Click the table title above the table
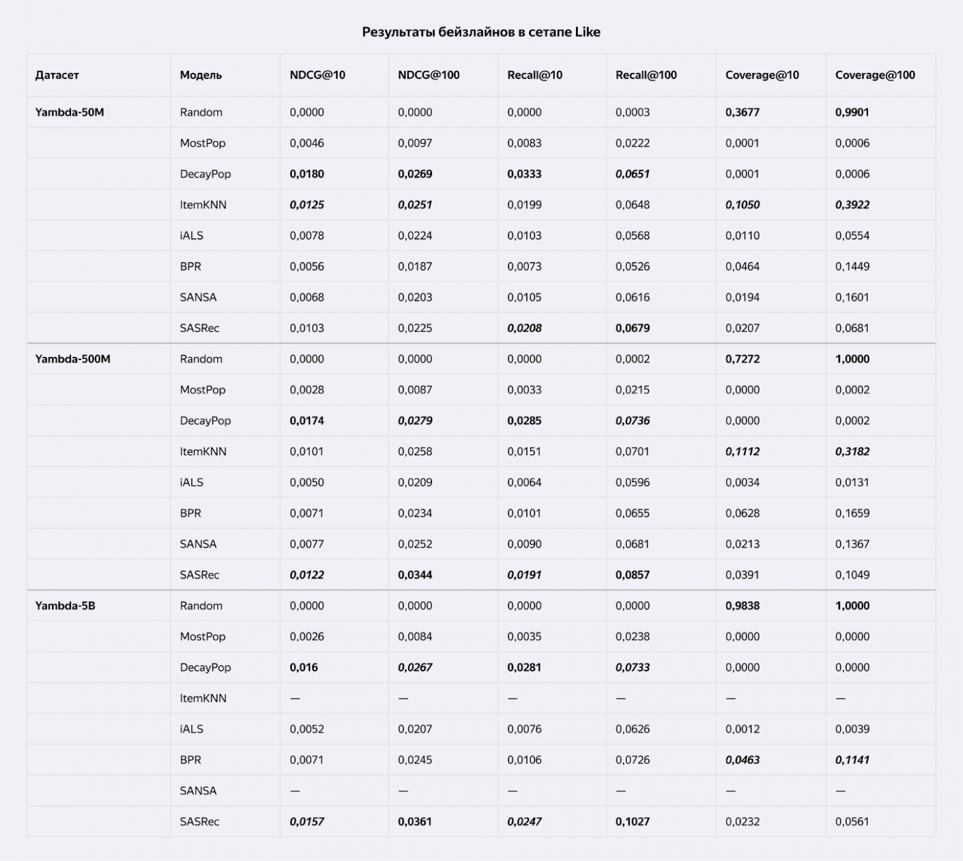481,32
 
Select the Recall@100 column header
646,75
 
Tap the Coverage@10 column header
762,75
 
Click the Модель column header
201,75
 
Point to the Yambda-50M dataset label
69,112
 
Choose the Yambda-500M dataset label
72,359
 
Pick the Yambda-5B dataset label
65,605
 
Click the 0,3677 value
742,112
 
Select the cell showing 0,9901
852,112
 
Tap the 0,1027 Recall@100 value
632,821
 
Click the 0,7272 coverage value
742,359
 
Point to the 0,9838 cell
742,605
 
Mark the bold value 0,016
304,667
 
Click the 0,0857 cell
632,574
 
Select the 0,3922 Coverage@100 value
852,205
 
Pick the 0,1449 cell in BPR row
852,267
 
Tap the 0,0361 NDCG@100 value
415,821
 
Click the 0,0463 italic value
742,760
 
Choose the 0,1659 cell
852,513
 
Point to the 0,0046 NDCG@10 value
306,143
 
